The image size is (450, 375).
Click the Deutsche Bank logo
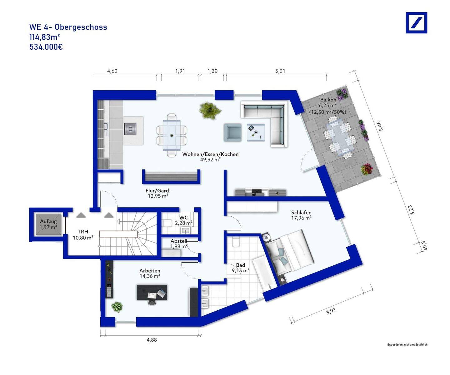416,22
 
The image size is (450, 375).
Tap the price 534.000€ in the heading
46,47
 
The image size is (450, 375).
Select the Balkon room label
328,100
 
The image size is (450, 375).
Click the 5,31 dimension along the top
280,71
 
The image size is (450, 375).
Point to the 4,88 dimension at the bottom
152,340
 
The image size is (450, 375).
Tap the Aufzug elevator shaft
48,224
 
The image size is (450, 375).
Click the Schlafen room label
301,212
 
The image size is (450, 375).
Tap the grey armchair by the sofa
232,132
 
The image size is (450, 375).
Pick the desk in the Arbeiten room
152,292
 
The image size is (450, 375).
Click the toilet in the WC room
167,223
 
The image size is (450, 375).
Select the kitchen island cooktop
130,129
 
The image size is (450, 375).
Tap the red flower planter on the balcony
367,169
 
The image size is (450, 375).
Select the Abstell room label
179,241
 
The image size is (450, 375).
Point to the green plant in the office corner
117,307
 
